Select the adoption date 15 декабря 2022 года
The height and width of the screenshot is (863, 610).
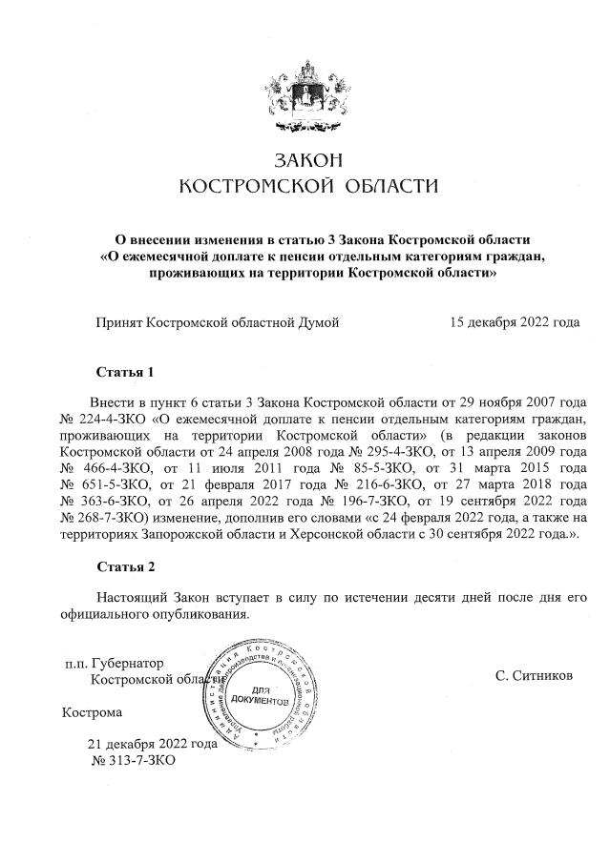pos(515,322)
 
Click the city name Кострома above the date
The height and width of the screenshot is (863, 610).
pos(92,712)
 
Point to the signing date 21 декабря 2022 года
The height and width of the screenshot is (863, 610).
pos(152,745)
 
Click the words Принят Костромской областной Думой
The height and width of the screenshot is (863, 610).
pos(217,322)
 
